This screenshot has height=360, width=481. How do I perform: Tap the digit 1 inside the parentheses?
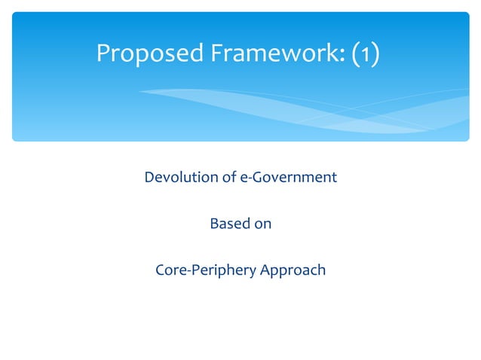coord(364,54)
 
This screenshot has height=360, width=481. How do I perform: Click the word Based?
coord(229,224)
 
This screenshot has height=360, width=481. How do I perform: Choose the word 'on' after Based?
coord(262,224)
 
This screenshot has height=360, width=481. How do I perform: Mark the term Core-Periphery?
coord(205,270)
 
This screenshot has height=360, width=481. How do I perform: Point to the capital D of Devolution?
coord(149,178)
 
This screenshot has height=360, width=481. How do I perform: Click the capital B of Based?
coord(213,224)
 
